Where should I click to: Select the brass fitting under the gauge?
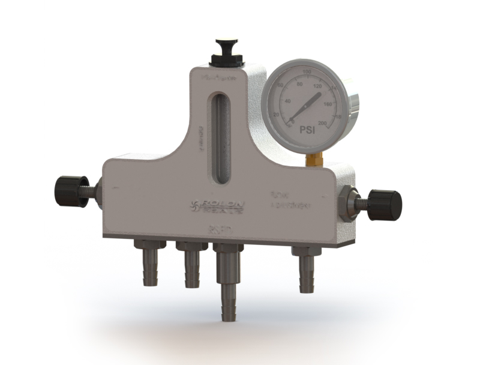click(314, 159)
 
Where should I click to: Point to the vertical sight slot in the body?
click(220, 138)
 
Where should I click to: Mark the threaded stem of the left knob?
click(94, 190)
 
